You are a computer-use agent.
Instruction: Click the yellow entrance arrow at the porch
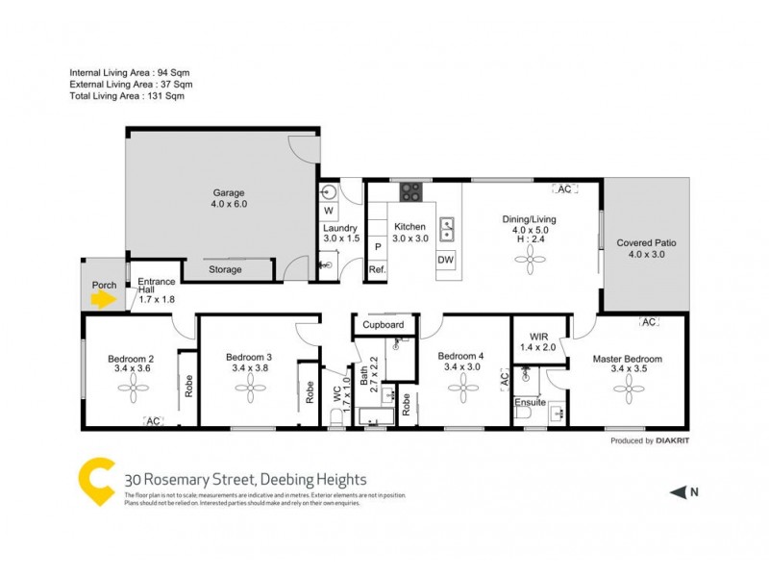tap(103, 299)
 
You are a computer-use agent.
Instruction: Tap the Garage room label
tap(229, 198)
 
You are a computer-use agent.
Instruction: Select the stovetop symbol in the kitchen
tap(411, 191)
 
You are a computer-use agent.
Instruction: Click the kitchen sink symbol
tap(447, 229)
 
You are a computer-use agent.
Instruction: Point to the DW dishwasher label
tap(446, 260)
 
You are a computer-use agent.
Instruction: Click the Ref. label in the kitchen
tap(377, 270)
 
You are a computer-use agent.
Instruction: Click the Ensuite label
tap(530, 402)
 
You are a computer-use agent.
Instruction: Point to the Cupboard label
tap(383, 325)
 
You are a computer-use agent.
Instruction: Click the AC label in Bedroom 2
tap(153, 420)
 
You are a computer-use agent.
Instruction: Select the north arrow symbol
tap(679, 492)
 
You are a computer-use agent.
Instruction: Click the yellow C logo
tap(96, 482)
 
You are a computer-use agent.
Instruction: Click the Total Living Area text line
tap(126, 96)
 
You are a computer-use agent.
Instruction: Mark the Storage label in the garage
tap(226, 270)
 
